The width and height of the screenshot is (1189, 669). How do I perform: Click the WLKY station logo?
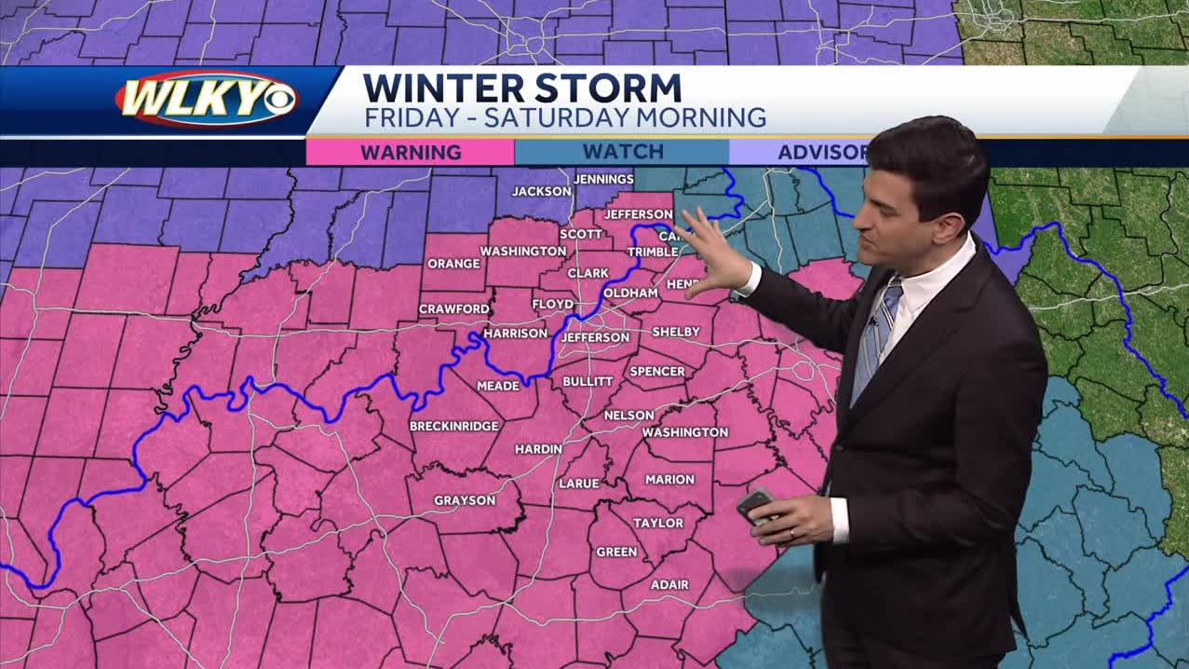click(x=207, y=99)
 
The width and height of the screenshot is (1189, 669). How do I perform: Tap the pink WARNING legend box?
click(x=411, y=152)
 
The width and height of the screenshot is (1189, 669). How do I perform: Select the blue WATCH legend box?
click(x=622, y=152)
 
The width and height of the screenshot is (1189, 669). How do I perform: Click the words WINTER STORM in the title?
click(x=522, y=89)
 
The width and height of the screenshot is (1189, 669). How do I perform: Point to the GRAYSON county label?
click(x=465, y=500)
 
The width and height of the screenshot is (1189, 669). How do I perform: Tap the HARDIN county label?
click(x=538, y=449)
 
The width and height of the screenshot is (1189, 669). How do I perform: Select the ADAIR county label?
click(x=669, y=584)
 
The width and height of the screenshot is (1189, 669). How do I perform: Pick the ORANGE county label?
click(x=453, y=264)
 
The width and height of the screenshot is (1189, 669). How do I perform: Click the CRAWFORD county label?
click(x=453, y=308)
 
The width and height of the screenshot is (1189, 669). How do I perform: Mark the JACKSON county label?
click(x=541, y=191)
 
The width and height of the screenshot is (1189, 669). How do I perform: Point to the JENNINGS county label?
click(x=603, y=179)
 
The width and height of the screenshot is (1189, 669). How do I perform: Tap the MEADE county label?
click(x=497, y=385)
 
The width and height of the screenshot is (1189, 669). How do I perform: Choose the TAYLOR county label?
click(x=658, y=523)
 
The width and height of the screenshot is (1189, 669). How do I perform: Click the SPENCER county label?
click(x=657, y=371)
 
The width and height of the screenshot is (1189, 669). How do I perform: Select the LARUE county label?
click(x=579, y=484)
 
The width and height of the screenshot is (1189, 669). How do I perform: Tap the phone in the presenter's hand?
click(x=754, y=504)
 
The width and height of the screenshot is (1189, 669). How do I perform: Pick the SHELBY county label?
click(x=669, y=332)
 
